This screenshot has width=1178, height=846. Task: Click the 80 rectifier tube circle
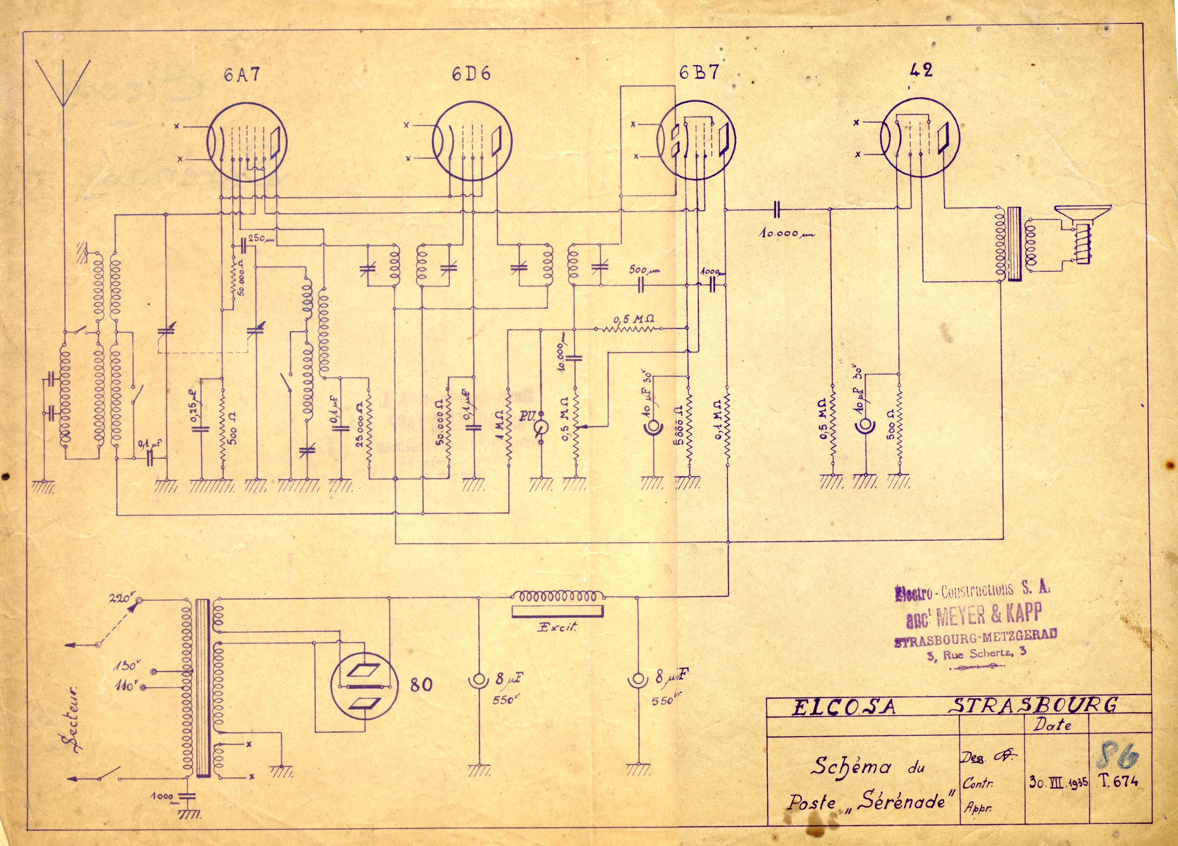[x=365, y=685]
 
